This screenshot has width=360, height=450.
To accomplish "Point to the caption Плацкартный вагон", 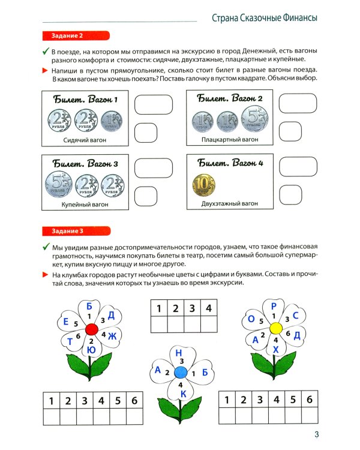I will tap(230, 140).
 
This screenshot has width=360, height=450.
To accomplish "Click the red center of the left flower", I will tap(91, 329).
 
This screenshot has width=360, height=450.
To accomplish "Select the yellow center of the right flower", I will tap(275, 328).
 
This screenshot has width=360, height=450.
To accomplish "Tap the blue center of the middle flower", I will tap(181, 373).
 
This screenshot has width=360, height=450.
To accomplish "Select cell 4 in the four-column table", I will tap(208, 308).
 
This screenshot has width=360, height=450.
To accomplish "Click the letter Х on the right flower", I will tap(275, 350).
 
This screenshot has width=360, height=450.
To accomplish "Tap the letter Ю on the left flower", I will tap(91, 350).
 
